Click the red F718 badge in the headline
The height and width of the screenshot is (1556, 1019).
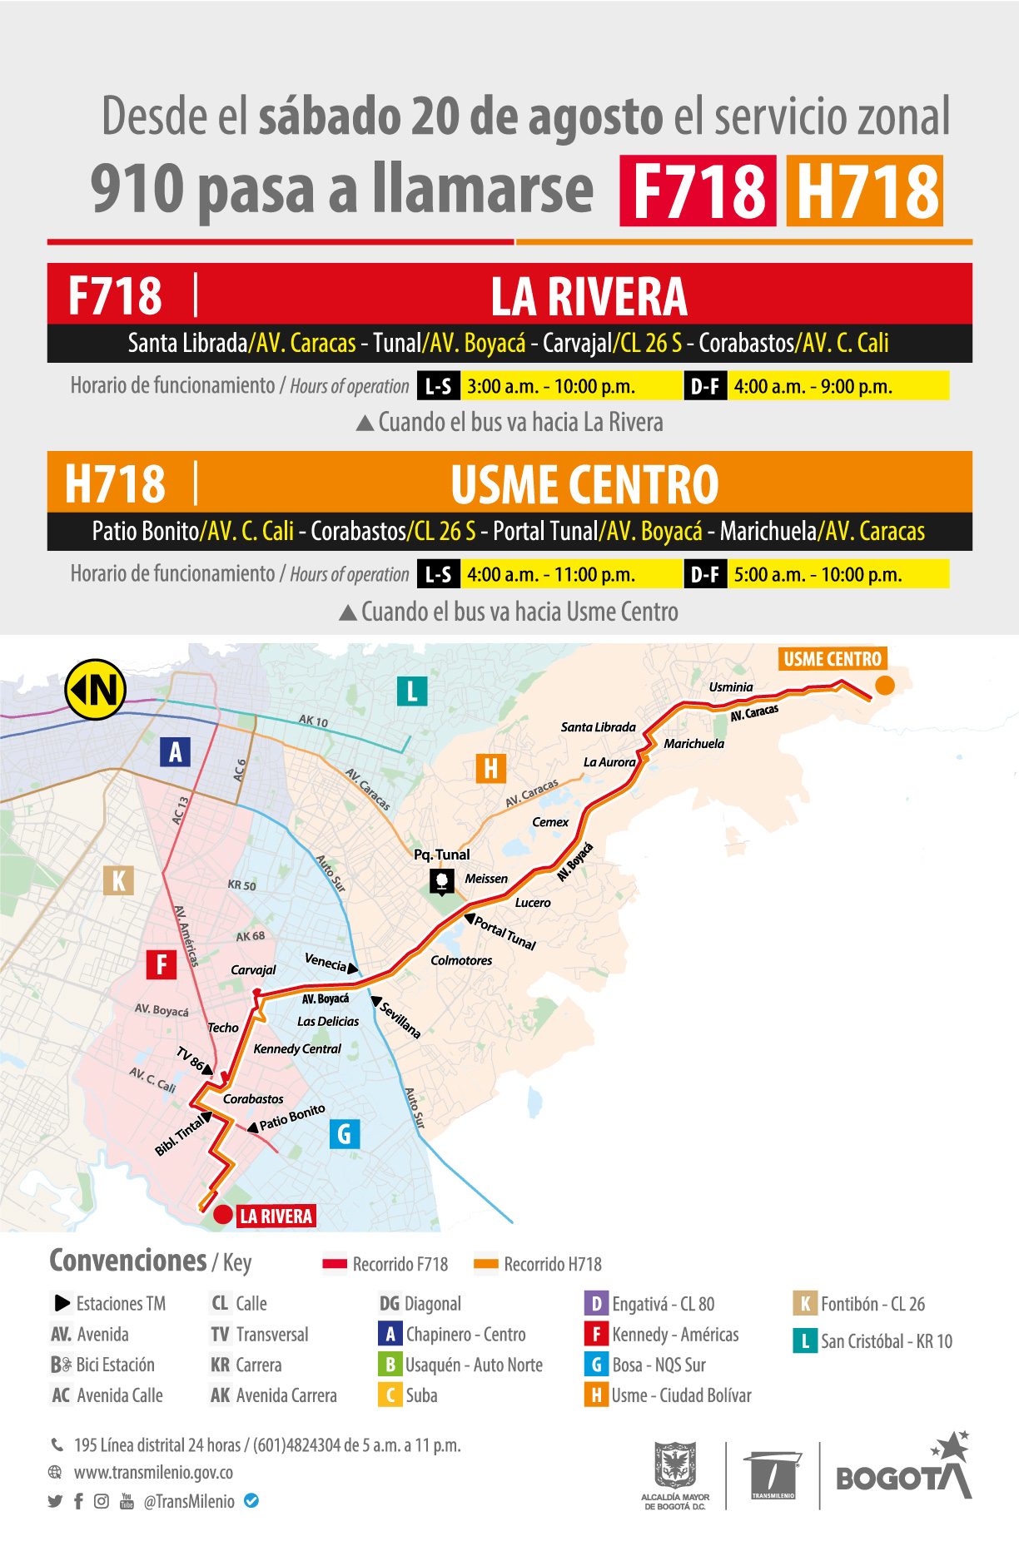(698, 191)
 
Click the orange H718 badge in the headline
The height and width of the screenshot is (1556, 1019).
(864, 191)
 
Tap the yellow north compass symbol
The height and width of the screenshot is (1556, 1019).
(96, 689)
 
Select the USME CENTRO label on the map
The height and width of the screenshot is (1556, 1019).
(832, 659)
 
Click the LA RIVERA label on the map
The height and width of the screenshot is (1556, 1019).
(276, 1216)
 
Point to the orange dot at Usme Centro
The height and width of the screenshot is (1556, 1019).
(884, 686)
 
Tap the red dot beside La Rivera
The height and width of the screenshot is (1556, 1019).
(222, 1215)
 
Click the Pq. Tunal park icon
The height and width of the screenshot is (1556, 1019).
(441, 880)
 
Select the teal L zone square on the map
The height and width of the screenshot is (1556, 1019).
(412, 691)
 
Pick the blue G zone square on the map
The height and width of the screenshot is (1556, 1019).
(345, 1133)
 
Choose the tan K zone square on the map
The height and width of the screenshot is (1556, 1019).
(118, 880)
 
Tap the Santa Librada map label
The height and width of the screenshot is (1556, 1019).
(598, 726)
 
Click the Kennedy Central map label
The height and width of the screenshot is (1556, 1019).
(297, 1048)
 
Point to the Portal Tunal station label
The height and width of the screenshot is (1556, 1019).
(505, 934)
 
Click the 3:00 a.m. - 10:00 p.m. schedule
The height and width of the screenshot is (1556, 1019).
(551, 386)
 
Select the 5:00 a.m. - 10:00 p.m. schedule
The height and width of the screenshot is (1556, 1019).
(818, 574)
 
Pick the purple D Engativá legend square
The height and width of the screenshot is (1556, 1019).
(596, 1303)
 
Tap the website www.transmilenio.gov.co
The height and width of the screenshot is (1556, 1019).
(153, 1472)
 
